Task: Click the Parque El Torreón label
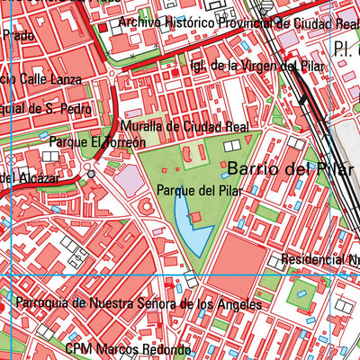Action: [x=97, y=142]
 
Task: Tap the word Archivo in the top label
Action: [x=139, y=22]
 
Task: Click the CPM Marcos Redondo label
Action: [x=128, y=349]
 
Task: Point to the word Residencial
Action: [x=310, y=260]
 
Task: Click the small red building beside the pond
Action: [x=195, y=215]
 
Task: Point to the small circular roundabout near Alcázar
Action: [x=91, y=173]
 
